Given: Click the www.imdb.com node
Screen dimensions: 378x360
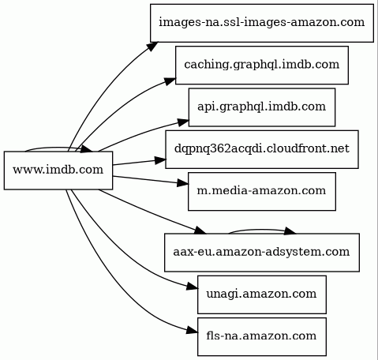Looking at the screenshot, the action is coord(58,171).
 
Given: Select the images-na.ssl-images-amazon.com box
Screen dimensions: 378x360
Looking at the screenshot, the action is coord(262,23).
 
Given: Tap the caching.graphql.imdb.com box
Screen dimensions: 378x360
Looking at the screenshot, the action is coord(262,66).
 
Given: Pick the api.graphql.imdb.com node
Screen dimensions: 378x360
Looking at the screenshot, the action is coord(262,107).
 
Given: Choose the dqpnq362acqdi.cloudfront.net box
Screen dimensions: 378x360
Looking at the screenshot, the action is coord(262,149).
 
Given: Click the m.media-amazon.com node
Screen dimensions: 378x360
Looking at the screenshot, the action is coord(262,191).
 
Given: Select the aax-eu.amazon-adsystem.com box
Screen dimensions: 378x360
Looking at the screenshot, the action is coord(262,253).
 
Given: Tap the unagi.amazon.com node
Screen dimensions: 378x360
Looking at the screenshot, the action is coord(262,294).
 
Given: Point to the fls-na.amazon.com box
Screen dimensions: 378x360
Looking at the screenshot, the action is coord(262,336).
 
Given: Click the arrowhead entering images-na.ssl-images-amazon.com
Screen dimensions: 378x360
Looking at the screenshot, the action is coord(152,46).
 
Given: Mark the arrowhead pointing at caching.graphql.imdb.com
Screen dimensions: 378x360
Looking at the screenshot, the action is coord(170,81).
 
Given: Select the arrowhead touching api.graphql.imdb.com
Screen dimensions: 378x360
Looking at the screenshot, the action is coord(183,122).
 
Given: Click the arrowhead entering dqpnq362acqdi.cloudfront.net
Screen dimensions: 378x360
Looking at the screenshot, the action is coord(160,160).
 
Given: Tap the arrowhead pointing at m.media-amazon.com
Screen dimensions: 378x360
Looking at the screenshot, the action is coord(183,183).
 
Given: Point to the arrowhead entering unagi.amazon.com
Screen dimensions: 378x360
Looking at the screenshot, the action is coord(192,287).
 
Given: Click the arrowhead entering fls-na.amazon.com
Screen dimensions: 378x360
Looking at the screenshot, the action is coord(192,330).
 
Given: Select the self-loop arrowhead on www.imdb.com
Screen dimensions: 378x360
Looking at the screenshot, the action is coord(86,149).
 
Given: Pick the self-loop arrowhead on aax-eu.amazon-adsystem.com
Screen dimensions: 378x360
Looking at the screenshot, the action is coord(290,231).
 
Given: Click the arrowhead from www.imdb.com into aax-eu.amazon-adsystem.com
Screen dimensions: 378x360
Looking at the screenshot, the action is coord(200,230).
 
